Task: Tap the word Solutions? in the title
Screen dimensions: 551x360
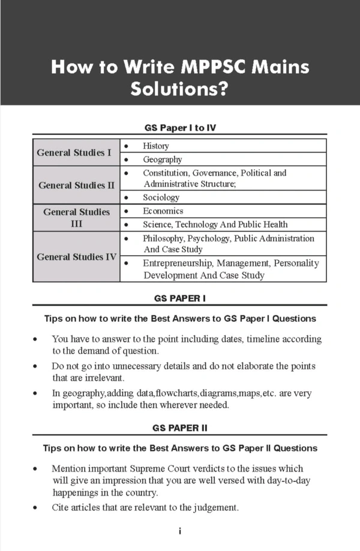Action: [179, 89]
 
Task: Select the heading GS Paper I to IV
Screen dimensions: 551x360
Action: [179, 128]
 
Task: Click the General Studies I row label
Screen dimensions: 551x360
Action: [74, 152]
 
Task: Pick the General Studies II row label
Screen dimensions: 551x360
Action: [76, 185]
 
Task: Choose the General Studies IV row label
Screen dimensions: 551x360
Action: [76, 257]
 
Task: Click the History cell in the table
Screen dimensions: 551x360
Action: [156, 146]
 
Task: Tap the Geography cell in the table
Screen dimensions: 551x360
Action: [162, 160]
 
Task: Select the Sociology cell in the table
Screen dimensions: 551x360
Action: [161, 197]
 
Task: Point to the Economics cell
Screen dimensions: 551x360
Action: [163, 211]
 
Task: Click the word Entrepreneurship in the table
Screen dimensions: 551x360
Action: [178, 263]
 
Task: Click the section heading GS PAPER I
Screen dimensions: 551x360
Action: [180, 297]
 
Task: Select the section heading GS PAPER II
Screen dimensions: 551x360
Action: [180, 428]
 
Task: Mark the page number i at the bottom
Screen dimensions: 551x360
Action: [179, 531]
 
